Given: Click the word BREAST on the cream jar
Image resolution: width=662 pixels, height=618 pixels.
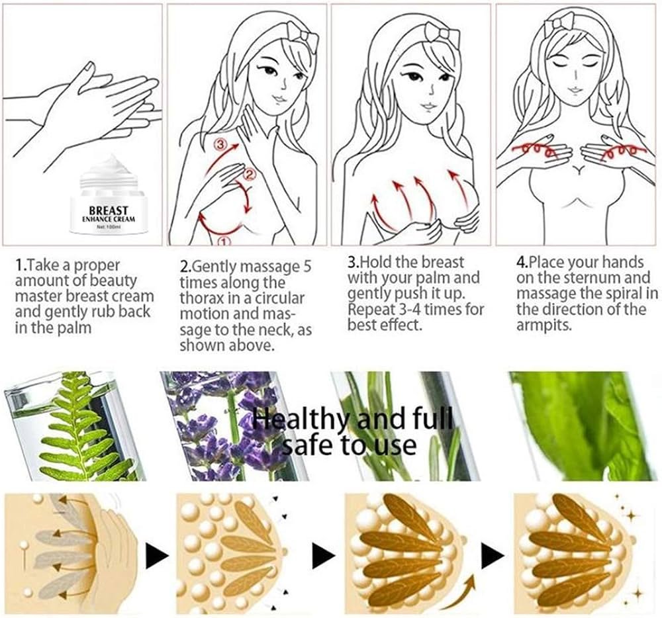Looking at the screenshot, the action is (109, 210).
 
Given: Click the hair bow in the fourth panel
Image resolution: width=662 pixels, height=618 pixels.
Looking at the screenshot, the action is (560, 24).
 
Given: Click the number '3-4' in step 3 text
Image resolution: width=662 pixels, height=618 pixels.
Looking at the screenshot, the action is (409, 310).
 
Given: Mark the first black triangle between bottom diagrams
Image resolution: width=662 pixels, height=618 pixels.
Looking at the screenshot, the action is (157, 555).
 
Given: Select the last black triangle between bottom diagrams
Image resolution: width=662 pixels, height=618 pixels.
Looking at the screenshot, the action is (493, 555).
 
